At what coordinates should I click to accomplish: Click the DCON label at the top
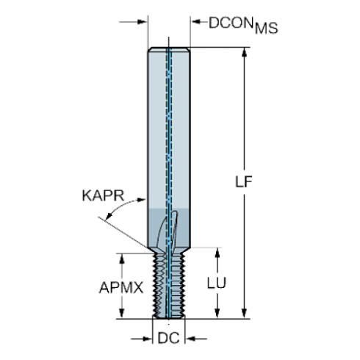coord(231,23)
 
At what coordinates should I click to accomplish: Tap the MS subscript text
coord(267,28)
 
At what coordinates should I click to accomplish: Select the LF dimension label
coord(244,181)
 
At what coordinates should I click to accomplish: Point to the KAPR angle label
coord(103,195)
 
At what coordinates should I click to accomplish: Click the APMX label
coord(121,287)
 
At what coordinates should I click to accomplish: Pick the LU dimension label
coord(217,283)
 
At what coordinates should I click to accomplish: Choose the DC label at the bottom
coord(169,338)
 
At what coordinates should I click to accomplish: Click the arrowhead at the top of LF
coord(244,52)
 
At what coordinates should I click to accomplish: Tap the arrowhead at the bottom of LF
coord(244,314)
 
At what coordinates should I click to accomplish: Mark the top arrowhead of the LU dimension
coord(217,252)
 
